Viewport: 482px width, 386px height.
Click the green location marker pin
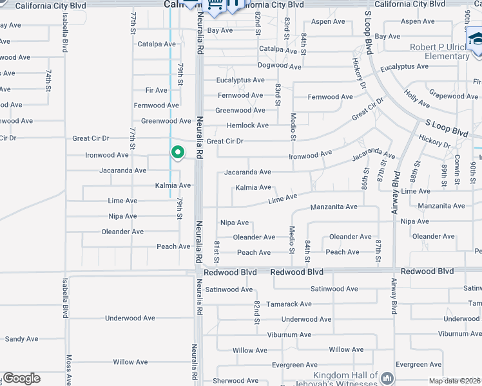tap(177, 152)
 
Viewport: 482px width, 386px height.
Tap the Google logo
tap(21, 378)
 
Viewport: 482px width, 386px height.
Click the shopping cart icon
tap(215, 6)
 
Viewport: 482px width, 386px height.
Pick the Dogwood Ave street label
tap(279, 66)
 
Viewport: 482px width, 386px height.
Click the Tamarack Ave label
tap(289, 304)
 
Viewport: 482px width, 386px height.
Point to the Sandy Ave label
tap(21, 338)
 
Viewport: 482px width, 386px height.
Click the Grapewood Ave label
tap(454, 96)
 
